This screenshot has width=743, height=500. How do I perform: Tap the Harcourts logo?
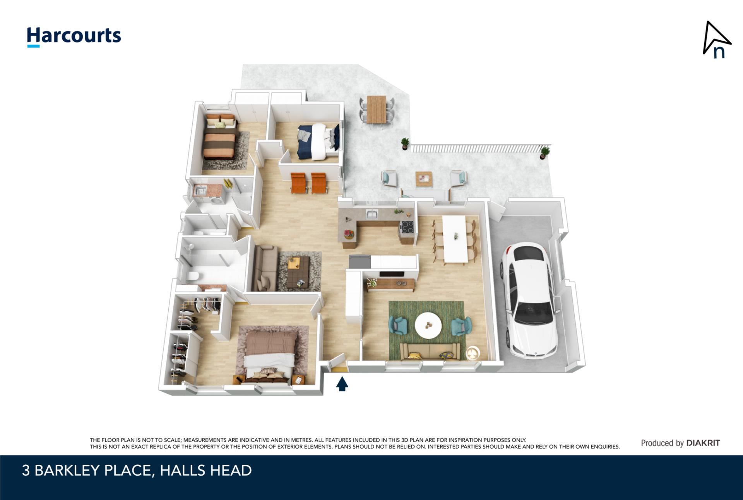[74, 37]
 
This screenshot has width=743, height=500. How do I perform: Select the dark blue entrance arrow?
[342, 384]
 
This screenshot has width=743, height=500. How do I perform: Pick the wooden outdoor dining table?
[377, 109]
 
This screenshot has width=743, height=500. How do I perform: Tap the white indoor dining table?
[455, 238]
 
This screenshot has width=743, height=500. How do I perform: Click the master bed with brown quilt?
[268, 357]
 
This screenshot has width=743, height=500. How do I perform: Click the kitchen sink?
[372, 213]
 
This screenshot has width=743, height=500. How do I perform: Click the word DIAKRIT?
[703, 443]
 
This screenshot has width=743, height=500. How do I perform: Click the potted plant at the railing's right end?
[545, 152]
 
